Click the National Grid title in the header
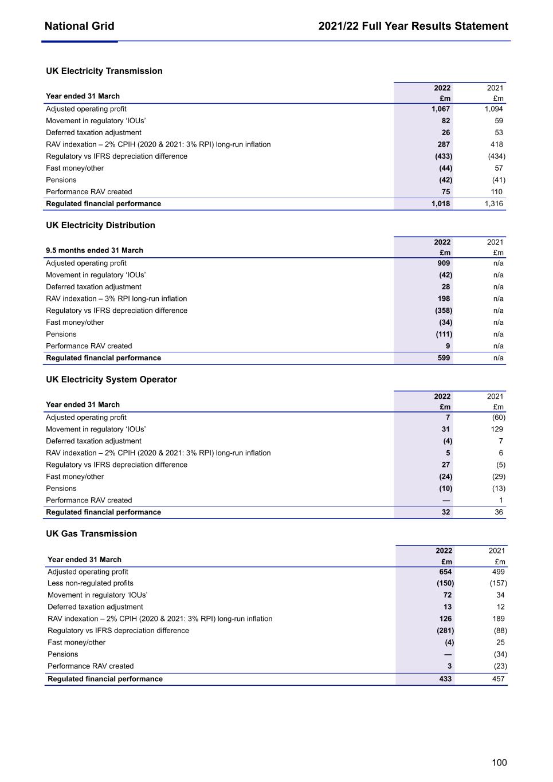click(79, 26)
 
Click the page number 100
click(499, 763)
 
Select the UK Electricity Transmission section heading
click(104, 71)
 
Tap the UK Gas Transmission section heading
click(92, 533)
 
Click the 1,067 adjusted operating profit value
click(441, 109)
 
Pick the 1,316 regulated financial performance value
click(493, 203)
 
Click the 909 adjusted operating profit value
click(444, 263)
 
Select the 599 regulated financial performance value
click(444, 357)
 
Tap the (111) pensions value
click(444, 334)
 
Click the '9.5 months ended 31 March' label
click(95, 250)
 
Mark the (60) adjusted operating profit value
click(499, 417)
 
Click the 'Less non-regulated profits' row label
click(91, 583)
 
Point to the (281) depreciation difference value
click(445, 630)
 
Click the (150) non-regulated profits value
click(445, 583)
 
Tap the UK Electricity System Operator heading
click(111, 379)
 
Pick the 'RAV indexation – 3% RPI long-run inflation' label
click(116, 298)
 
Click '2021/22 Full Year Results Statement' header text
click(413, 26)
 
